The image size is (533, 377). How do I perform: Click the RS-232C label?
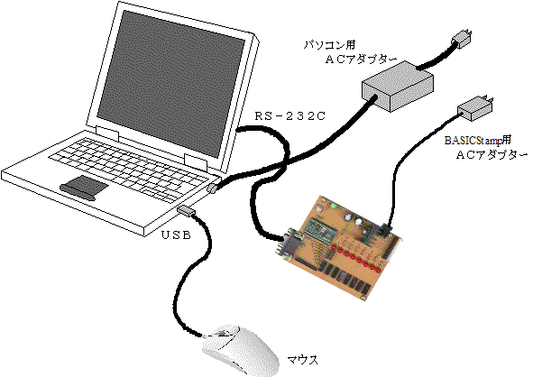point(290,116)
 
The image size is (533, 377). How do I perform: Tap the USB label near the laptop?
point(176,234)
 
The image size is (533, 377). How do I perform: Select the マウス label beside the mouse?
point(303,360)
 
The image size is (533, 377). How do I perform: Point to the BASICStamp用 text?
point(478,140)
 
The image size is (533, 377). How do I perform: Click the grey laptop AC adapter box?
point(397,87)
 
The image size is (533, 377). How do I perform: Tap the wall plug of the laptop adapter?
point(462,39)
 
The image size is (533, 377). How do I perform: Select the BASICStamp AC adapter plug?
point(475,108)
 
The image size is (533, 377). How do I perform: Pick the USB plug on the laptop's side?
point(186,210)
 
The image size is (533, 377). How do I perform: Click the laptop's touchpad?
point(84,188)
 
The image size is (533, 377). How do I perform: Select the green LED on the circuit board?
point(334,206)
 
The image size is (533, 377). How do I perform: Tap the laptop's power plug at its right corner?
point(212,188)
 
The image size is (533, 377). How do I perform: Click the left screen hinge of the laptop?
point(107,134)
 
